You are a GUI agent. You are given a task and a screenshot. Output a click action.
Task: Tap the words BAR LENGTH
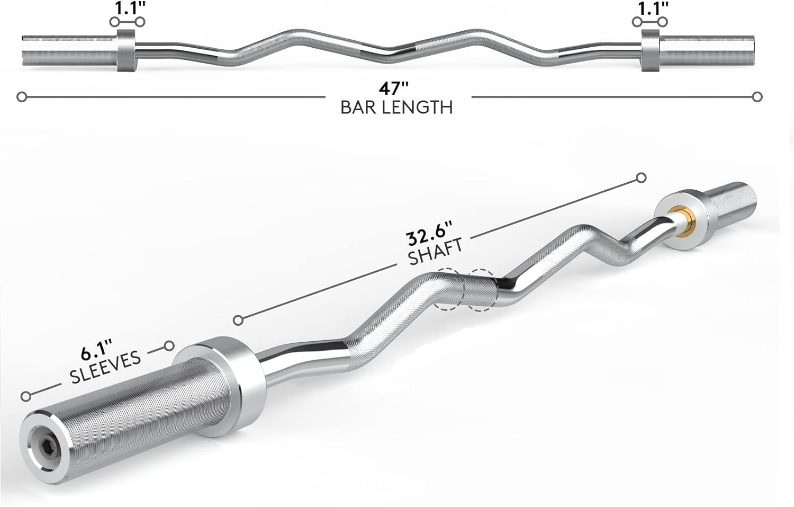pyautogui.click(x=396, y=108)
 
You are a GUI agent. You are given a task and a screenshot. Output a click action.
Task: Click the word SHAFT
pyautogui.click(x=436, y=251)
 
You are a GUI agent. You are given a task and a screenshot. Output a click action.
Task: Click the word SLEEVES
pyautogui.click(x=105, y=367)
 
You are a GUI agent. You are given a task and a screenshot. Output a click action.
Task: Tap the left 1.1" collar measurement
pyautogui.click(x=127, y=8)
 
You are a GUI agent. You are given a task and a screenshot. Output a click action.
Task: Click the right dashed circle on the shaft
pyautogui.click(x=481, y=290)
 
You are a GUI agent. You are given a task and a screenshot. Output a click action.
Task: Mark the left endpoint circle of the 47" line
pyautogui.click(x=22, y=97)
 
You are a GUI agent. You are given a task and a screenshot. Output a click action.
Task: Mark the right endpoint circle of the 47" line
pyautogui.click(x=757, y=97)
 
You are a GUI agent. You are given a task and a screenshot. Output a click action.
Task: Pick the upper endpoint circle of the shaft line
pyautogui.click(x=641, y=177)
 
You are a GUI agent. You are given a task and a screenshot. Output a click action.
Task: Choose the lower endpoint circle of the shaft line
pyautogui.click(x=239, y=320)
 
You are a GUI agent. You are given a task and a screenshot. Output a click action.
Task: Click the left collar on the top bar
pyautogui.click(x=126, y=50)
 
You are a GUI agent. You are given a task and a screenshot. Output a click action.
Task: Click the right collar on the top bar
pyautogui.click(x=651, y=50)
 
